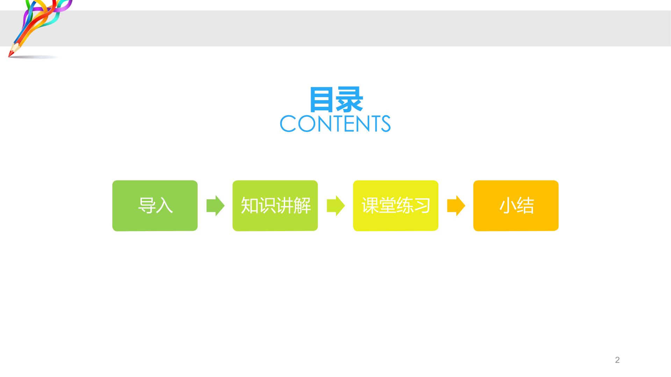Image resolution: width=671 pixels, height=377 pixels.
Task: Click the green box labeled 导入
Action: (155, 206)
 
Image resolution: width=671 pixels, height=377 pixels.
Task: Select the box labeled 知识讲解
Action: (275, 206)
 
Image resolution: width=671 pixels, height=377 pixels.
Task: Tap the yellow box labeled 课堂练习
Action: (396, 206)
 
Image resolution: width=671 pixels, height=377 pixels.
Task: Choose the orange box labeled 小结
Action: (516, 206)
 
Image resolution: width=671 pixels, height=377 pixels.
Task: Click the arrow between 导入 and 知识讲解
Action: (215, 206)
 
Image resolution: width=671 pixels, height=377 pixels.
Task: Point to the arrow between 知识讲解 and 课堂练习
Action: (335, 206)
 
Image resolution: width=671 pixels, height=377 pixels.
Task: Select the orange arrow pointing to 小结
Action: (456, 206)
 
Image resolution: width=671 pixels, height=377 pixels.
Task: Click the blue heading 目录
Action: (336, 100)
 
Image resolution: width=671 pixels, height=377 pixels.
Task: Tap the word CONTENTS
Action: (335, 124)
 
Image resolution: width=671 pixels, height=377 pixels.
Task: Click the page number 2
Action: (617, 360)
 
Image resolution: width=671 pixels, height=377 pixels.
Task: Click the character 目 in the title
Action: (322, 100)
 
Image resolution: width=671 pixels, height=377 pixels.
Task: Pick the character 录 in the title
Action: (349, 100)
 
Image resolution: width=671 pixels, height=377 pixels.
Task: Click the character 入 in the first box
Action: (164, 206)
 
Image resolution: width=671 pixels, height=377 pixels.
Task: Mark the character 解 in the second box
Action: (302, 206)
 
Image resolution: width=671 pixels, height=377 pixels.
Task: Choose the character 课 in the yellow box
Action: (370, 206)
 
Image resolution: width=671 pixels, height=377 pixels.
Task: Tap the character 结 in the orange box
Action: (525, 206)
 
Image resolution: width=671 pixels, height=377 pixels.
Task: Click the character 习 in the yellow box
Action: (422, 206)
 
